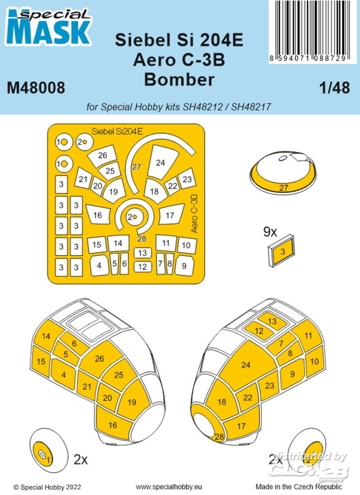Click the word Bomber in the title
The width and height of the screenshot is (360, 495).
coord(180,79)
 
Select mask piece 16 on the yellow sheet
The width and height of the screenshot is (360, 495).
coord(97,215)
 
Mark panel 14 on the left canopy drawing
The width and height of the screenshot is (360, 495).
coord(46,337)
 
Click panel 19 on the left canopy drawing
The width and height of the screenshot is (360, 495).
coord(131,402)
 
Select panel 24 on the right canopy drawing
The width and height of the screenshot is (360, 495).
coord(246,365)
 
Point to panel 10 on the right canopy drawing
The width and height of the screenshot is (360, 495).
coord(314,361)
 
